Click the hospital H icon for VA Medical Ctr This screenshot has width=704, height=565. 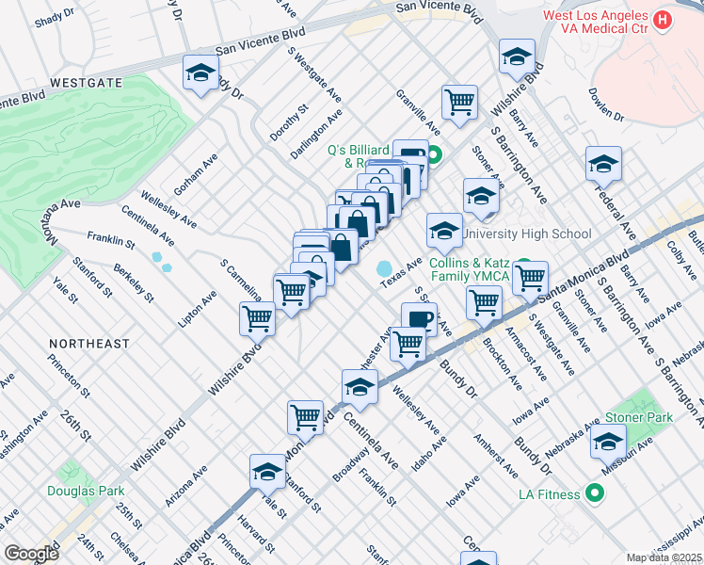(x=664, y=19)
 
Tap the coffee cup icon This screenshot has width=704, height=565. (x=419, y=318)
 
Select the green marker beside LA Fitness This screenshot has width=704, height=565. (x=594, y=492)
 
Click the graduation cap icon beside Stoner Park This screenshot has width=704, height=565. (x=609, y=440)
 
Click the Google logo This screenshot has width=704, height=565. (x=31, y=554)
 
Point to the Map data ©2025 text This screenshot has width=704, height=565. (x=664, y=557)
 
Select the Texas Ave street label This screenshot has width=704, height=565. (x=401, y=268)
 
